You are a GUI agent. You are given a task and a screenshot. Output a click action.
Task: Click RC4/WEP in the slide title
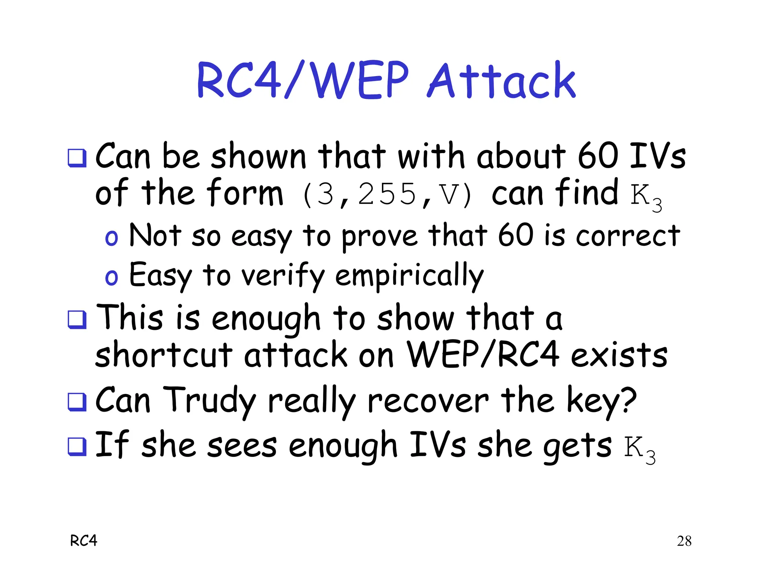(302, 81)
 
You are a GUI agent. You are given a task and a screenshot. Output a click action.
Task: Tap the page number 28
(684, 541)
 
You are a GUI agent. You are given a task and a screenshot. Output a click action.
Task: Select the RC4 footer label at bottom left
(84, 541)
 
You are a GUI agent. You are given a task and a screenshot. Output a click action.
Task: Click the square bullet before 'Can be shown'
(77, 158)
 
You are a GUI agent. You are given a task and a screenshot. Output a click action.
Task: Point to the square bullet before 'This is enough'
(77, 319)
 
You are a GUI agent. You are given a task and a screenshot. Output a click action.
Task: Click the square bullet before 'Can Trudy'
(77, 401)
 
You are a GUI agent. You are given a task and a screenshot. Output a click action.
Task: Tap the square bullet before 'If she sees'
(77, 446)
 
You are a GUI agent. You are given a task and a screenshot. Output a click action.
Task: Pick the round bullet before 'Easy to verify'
(111, 277)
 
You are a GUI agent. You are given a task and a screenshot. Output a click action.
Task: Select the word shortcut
(164, 355)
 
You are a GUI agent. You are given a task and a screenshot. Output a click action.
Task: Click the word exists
(619, 355)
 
